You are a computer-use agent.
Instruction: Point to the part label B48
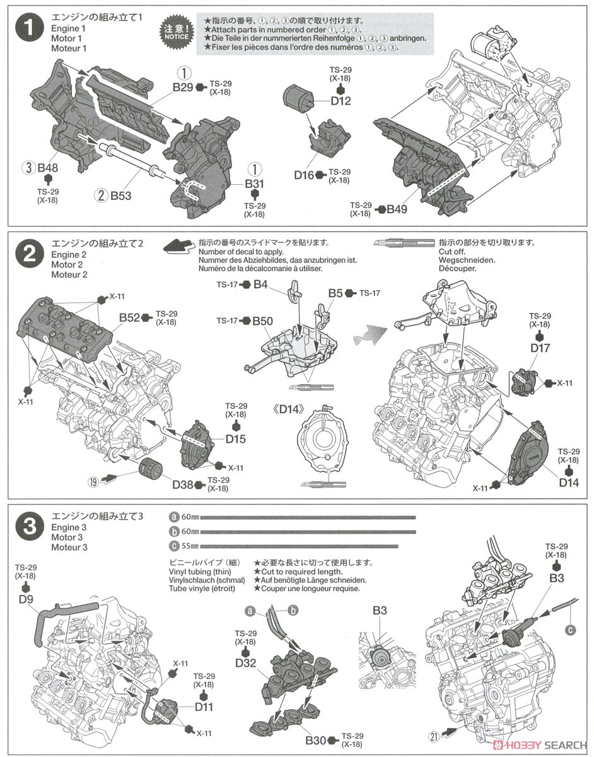coord(48,168)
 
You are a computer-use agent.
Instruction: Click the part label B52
coord(130,317)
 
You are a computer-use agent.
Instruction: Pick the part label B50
coord(262,322)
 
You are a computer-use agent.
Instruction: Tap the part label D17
coord(540,348)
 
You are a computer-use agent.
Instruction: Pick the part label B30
coord(318,740)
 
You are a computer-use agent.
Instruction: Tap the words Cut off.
coord(452,251)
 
